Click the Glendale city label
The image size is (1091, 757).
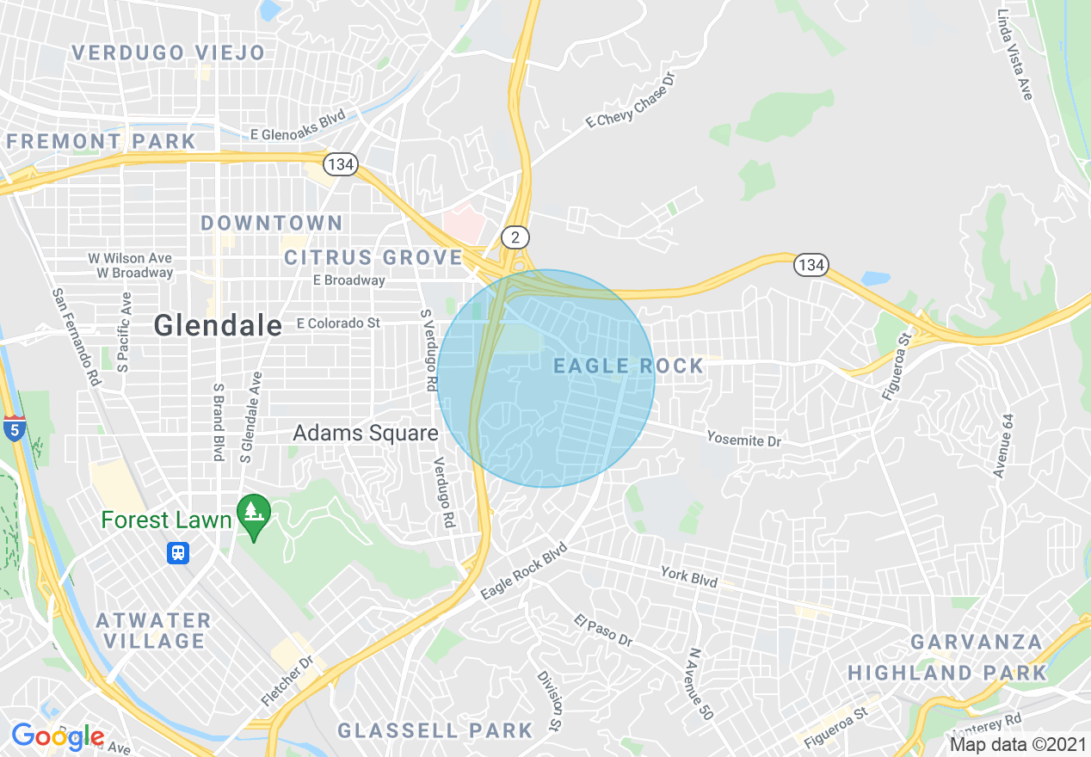218,325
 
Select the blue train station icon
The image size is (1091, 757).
178,552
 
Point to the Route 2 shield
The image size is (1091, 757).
515,237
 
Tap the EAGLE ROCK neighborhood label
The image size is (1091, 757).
628,366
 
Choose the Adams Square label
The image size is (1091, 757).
366,433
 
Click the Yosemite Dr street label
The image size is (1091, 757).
743,440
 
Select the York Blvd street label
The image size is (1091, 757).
688,575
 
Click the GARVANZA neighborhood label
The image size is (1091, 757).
976,643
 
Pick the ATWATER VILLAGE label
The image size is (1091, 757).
153,631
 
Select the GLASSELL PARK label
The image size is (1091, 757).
435,730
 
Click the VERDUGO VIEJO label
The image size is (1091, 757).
169,52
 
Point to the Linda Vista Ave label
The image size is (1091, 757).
1014,54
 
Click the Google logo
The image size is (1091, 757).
57,736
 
